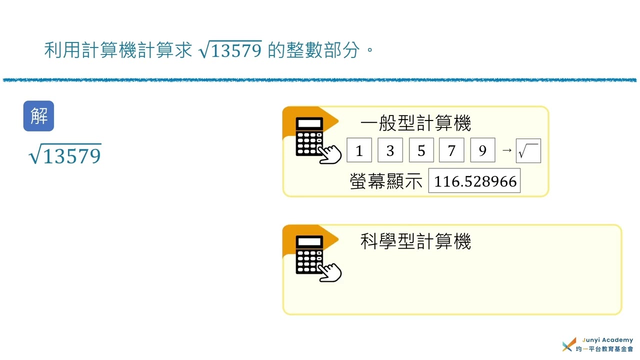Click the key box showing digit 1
click(359, 150)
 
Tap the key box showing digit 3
click(390, 150)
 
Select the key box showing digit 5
click(421, 150)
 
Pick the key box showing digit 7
click(451, 150)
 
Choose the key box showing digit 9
click(482, 150)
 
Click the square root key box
click(528, 151)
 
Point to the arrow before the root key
click(507, 150)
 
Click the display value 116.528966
click(474, 180)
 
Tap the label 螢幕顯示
click(386, 181)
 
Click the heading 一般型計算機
click(415, 123)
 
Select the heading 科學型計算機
click(415, 241)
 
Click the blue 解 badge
click(38, 116)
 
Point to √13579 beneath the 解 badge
click(65, 154)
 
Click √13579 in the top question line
click(230, 49)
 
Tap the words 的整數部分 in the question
click(313, 50)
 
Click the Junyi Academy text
click(607, 340)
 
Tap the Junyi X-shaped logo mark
click(569, 344)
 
